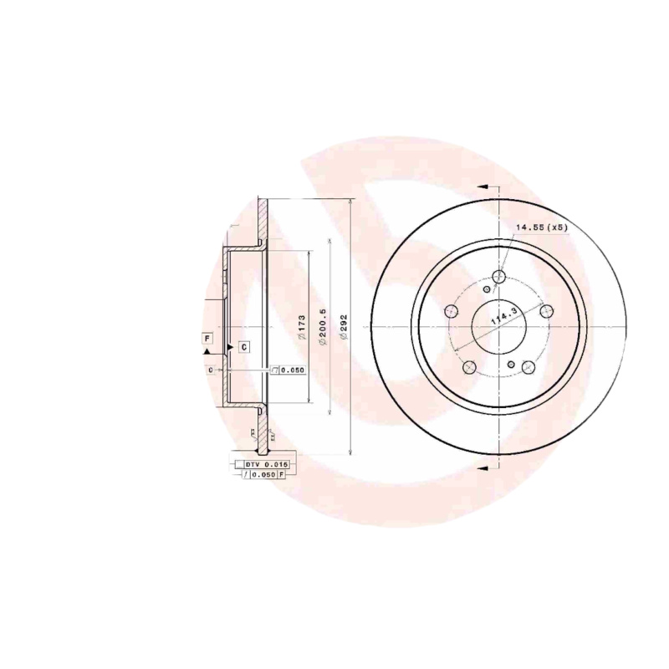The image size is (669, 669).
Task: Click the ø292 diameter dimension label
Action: pyautogui.click(x=344, y=324)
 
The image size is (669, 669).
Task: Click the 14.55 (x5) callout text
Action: pyautogui.click(x=541, y=227)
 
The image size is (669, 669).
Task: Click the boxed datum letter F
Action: pyautogui.click(x=207, y=338)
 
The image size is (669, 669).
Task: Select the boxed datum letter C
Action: pyautogui.click(x=243, y=346)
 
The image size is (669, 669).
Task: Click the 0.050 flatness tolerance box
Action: pyautogui.click(x=289, y=370)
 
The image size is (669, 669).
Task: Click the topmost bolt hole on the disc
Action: pyautogui.click(x=499, y=277)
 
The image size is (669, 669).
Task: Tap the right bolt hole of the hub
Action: pyautogui.click(x=547, y=312)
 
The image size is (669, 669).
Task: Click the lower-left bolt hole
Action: pyautogui.click(x=470, y=366)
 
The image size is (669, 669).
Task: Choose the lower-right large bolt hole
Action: pyautogui.click(x=528, y=366)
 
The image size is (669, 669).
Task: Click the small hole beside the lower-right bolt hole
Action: pyautogui.click(x=512, y=365)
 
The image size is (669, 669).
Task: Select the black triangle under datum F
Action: pyautogui.click(x=207, y=355)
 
